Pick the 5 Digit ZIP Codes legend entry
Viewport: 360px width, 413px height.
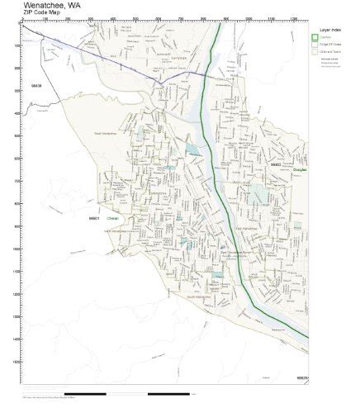(x=330, y=44)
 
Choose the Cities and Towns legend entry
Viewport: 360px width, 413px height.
(x=330, y=51)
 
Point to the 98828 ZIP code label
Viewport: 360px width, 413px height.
(x=36, y=84)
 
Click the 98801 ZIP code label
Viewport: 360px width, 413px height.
(x=92, y=218)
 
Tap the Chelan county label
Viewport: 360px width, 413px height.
(x=114, y=219)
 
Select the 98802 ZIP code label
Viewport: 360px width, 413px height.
(x=277, y=165)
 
